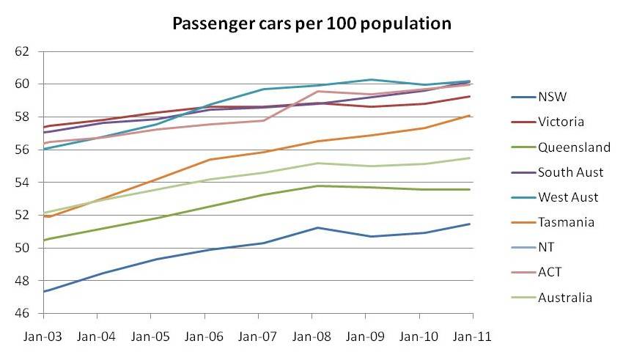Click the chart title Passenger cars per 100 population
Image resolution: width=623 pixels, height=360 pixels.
point(311,23)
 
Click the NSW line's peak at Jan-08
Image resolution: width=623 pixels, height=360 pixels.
point(312,227)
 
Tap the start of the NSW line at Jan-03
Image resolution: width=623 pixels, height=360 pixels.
point(44,292)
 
